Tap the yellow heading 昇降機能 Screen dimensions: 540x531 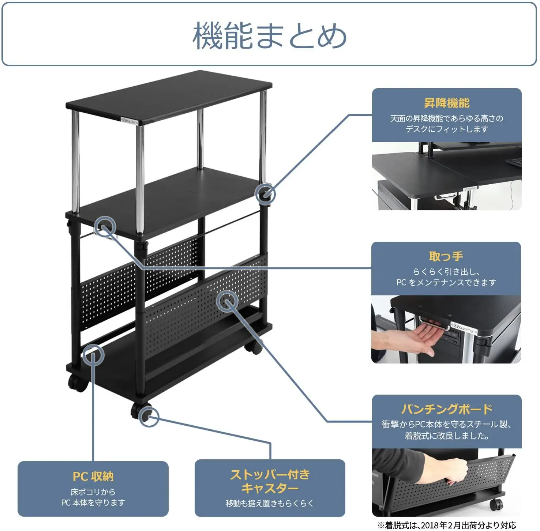446,103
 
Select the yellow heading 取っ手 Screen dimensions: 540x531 446,256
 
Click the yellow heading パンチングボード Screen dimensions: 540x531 447,409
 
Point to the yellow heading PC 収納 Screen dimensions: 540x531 93,477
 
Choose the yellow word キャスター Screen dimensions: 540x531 270,488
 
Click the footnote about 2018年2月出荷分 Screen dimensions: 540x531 447,526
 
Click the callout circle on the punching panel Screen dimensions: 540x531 227,301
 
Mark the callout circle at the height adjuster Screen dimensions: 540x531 265,193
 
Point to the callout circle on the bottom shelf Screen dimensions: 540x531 93,355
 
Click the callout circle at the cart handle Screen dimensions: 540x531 105,226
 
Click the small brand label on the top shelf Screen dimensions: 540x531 129,120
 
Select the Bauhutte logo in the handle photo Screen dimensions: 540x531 465,328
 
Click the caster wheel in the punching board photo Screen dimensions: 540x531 496,504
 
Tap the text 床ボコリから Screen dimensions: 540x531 93,492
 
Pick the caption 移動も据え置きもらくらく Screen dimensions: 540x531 270,504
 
